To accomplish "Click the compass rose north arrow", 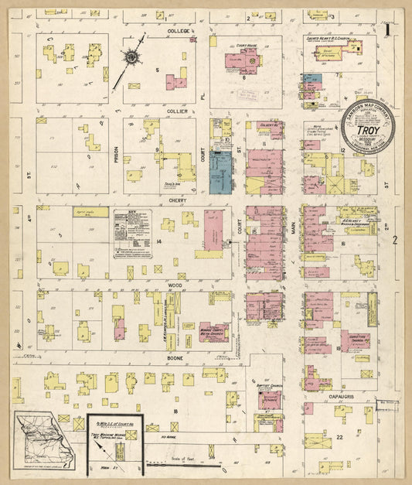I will tap(131, 57).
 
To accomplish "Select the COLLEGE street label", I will tap(179, 32).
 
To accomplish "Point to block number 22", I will tap(339, 437).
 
